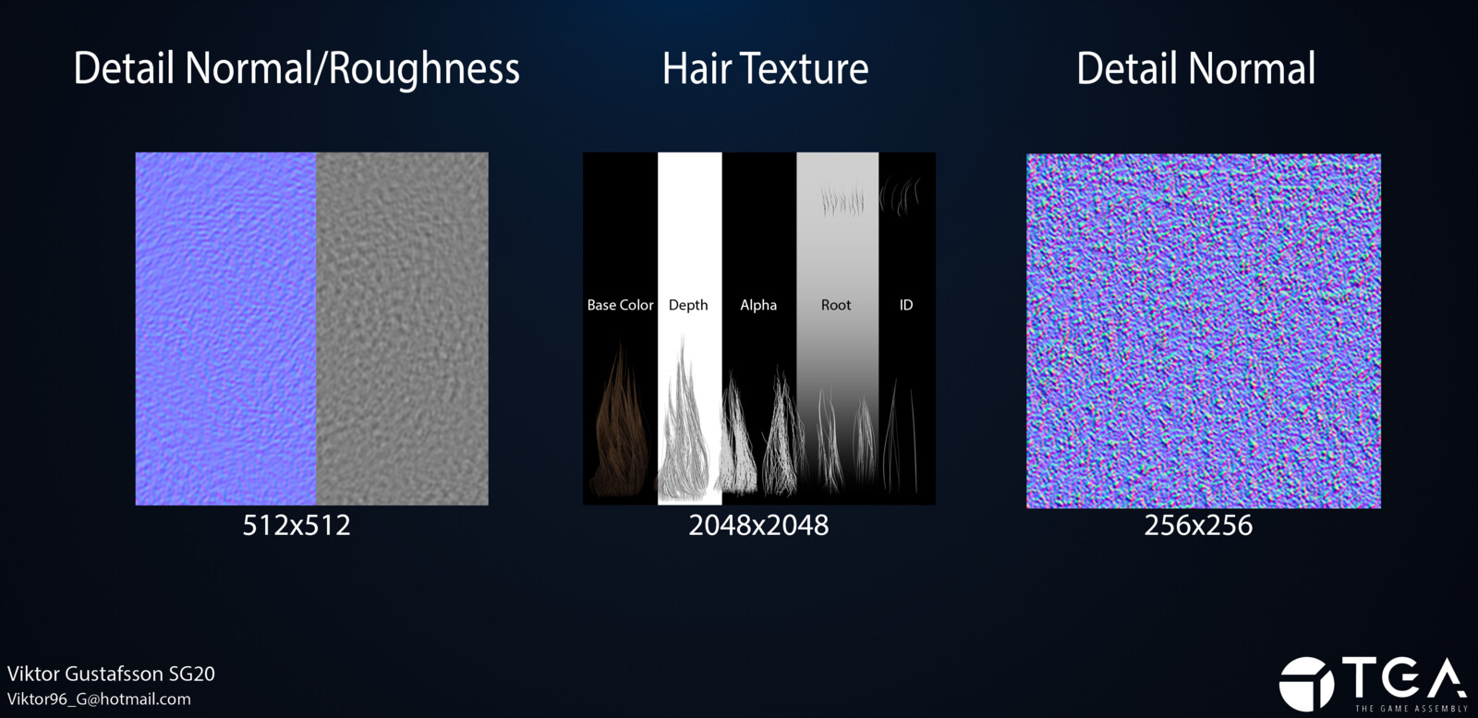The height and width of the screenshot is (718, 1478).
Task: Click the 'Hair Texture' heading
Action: coord(766,68)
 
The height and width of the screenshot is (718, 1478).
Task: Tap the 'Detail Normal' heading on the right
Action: coord(1195,68)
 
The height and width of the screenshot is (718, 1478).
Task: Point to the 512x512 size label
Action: coord(297,525)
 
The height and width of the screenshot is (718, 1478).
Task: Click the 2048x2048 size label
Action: coord(758,525)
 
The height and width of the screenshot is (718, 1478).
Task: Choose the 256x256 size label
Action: coord(1198,525)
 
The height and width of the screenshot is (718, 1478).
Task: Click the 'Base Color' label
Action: coord(620,305)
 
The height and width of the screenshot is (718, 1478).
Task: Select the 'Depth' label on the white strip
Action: coord(688,306)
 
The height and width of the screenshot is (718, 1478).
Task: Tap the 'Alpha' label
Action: coord(758,306)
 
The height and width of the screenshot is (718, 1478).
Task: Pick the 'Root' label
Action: coord(836,305)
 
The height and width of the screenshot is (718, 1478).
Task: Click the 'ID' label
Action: coord(906,305)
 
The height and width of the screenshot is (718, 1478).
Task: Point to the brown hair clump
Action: coord(620,429)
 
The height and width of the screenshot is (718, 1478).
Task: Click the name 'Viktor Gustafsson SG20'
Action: coord(111,674)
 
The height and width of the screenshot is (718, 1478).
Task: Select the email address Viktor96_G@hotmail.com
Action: coord(99,700)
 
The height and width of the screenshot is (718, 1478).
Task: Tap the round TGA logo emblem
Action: coord(1306,684)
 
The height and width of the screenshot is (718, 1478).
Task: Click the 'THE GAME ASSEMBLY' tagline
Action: coord(1411,709)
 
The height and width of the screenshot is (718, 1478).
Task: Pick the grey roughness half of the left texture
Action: coord(403,329)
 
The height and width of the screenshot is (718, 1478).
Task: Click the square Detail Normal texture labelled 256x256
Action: coord(1204,331)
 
